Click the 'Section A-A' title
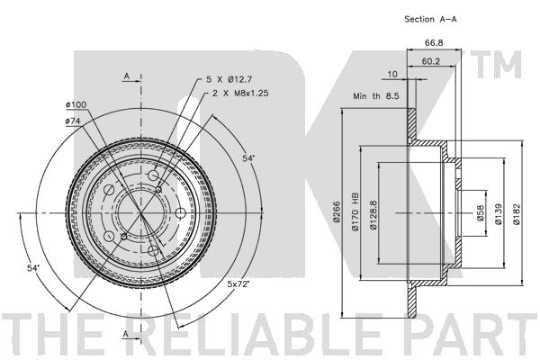(x=430, y=19)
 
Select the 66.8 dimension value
(x=434, y=43)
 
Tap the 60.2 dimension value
(x=431, y=61)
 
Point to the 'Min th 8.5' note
(x=375, y=96)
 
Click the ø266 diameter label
(x=336, y=211)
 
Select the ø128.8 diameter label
(x=373, y=215)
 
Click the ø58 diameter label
(x=480, y=213)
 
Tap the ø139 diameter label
(x=499, y=214)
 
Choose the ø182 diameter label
(x=517, y=214)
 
